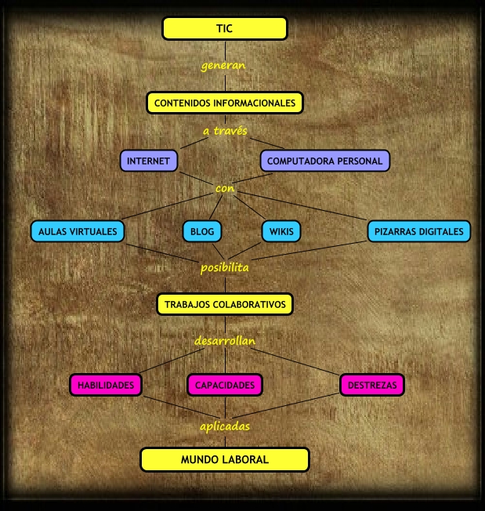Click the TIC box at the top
pos(225,28)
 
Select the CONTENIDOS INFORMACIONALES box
pos(225,103)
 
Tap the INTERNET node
pos(149,161)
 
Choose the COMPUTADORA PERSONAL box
pos(324,161)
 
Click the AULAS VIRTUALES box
pos(78,231)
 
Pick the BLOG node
pos(202,231)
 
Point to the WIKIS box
pos(281,231)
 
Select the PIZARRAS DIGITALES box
pos(419,231)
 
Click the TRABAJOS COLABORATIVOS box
pos(225,304)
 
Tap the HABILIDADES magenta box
pos(106,385)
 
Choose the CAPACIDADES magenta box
pos(225,385)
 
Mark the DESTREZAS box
pos(372,385)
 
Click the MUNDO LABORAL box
pos(225,459)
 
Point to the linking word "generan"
pos(223,66)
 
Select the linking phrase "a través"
pos(225,131)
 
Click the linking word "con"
pos(225,188)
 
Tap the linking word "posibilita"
pos(224,268)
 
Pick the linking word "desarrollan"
pos(225,341)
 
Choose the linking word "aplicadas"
pos(225,426)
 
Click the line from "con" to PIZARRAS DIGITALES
pos(302,206)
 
